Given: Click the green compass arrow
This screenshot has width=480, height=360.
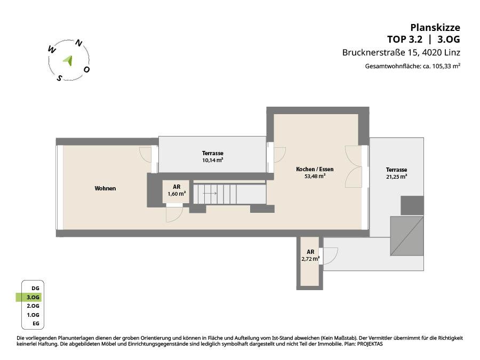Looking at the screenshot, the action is point(69,60).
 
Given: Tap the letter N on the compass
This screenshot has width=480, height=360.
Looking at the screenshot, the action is point(79,44).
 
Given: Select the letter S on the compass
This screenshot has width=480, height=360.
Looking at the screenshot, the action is point(59,78).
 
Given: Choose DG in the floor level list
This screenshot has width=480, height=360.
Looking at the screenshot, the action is point(35,289).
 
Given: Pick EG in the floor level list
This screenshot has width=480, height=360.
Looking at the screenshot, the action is point(36,323).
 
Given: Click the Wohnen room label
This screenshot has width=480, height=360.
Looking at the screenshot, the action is point(105,189).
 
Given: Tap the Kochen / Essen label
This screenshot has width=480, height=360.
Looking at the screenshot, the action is point(315,169).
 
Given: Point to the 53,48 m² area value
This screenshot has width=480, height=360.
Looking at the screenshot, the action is point(315,177).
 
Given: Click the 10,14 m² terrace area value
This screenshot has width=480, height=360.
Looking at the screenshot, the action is point(212,160).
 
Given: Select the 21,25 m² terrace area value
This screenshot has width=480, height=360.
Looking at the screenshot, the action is point(396,177).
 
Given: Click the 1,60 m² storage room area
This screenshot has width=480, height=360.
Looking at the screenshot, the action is point(177,194).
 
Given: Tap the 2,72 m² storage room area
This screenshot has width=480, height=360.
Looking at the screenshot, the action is point(310,259).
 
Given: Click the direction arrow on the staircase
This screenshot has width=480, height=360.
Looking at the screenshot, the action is point(210,194).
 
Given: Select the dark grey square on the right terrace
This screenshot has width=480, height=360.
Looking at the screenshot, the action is point(412,205).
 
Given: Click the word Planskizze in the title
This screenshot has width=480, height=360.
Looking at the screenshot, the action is point(435,28).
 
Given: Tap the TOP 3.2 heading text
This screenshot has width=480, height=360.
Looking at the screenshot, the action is point(405,39).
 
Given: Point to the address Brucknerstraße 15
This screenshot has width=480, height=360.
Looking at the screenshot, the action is point(380,53).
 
